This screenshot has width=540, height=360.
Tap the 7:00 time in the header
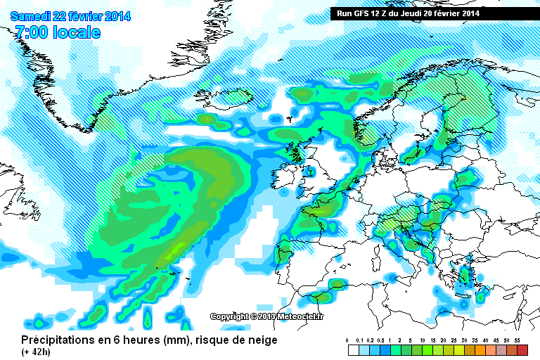32,33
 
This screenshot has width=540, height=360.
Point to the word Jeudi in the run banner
412,13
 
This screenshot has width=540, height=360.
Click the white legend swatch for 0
353,349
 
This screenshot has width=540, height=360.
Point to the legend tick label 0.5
380,340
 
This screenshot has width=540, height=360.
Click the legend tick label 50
506,340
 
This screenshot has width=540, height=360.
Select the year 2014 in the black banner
470,13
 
